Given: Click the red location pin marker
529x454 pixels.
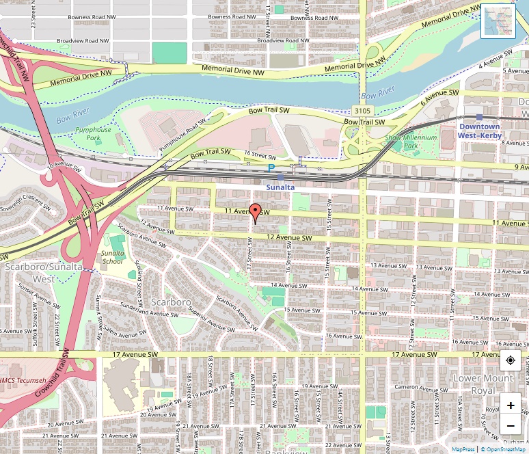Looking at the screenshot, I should point(255,212).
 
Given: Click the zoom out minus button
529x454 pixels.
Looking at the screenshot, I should point(511,427).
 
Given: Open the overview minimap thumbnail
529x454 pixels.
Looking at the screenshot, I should point(498,21).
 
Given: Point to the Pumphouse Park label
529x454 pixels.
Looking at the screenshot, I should point(93,133).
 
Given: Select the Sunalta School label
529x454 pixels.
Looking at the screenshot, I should point(113,257).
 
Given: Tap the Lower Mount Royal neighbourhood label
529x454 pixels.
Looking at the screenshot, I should point(483,384).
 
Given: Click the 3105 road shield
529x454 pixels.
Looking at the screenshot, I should point(362,110).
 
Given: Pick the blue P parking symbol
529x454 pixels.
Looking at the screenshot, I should point(271,168).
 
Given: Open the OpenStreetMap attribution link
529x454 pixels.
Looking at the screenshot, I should point(506,449).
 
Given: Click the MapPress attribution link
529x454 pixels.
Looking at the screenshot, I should point(463,449).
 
